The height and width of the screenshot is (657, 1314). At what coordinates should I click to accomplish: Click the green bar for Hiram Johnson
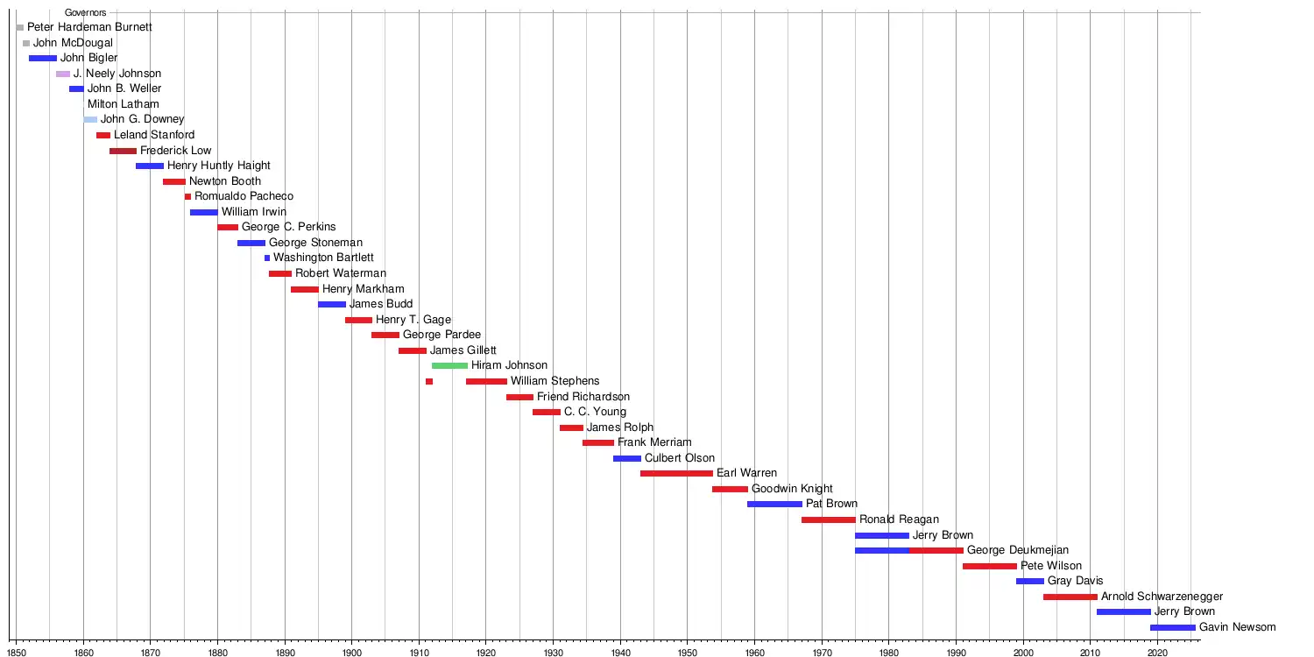point(449,365)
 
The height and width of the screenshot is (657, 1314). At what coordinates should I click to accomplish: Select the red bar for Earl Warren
point(676,473)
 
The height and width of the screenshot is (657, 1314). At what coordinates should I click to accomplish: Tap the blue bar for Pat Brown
point(774,504)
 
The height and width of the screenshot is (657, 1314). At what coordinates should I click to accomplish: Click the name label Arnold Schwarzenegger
point(1162,597)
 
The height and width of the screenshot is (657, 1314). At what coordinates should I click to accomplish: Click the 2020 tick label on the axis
point(1157,652)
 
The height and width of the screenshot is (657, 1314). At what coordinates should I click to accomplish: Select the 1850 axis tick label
point(17,652)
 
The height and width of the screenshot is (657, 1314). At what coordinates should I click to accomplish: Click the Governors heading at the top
point(85,13)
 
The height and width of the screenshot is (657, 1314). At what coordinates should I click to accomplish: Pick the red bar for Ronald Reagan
point(828,519)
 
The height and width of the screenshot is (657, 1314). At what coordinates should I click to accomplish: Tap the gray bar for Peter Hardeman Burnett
point(20,28)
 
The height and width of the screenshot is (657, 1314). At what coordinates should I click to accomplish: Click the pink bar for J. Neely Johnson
point(63,74)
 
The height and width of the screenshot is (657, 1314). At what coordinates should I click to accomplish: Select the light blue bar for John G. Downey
point(90,119)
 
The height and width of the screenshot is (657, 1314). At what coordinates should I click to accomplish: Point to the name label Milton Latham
point(124,104)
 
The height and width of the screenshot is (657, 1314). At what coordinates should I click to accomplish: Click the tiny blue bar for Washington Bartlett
point(267,258)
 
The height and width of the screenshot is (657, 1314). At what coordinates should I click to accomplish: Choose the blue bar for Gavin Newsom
point(1172,627)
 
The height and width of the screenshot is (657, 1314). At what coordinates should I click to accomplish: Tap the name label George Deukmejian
point(1018,550)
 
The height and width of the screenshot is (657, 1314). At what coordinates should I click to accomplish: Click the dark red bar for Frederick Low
point(123,151)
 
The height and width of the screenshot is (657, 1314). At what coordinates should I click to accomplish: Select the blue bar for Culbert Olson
point(627,458)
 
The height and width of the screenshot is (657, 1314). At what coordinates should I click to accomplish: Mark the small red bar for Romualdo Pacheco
point(187,196)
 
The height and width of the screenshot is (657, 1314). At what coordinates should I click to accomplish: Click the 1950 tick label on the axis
point(687,652)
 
